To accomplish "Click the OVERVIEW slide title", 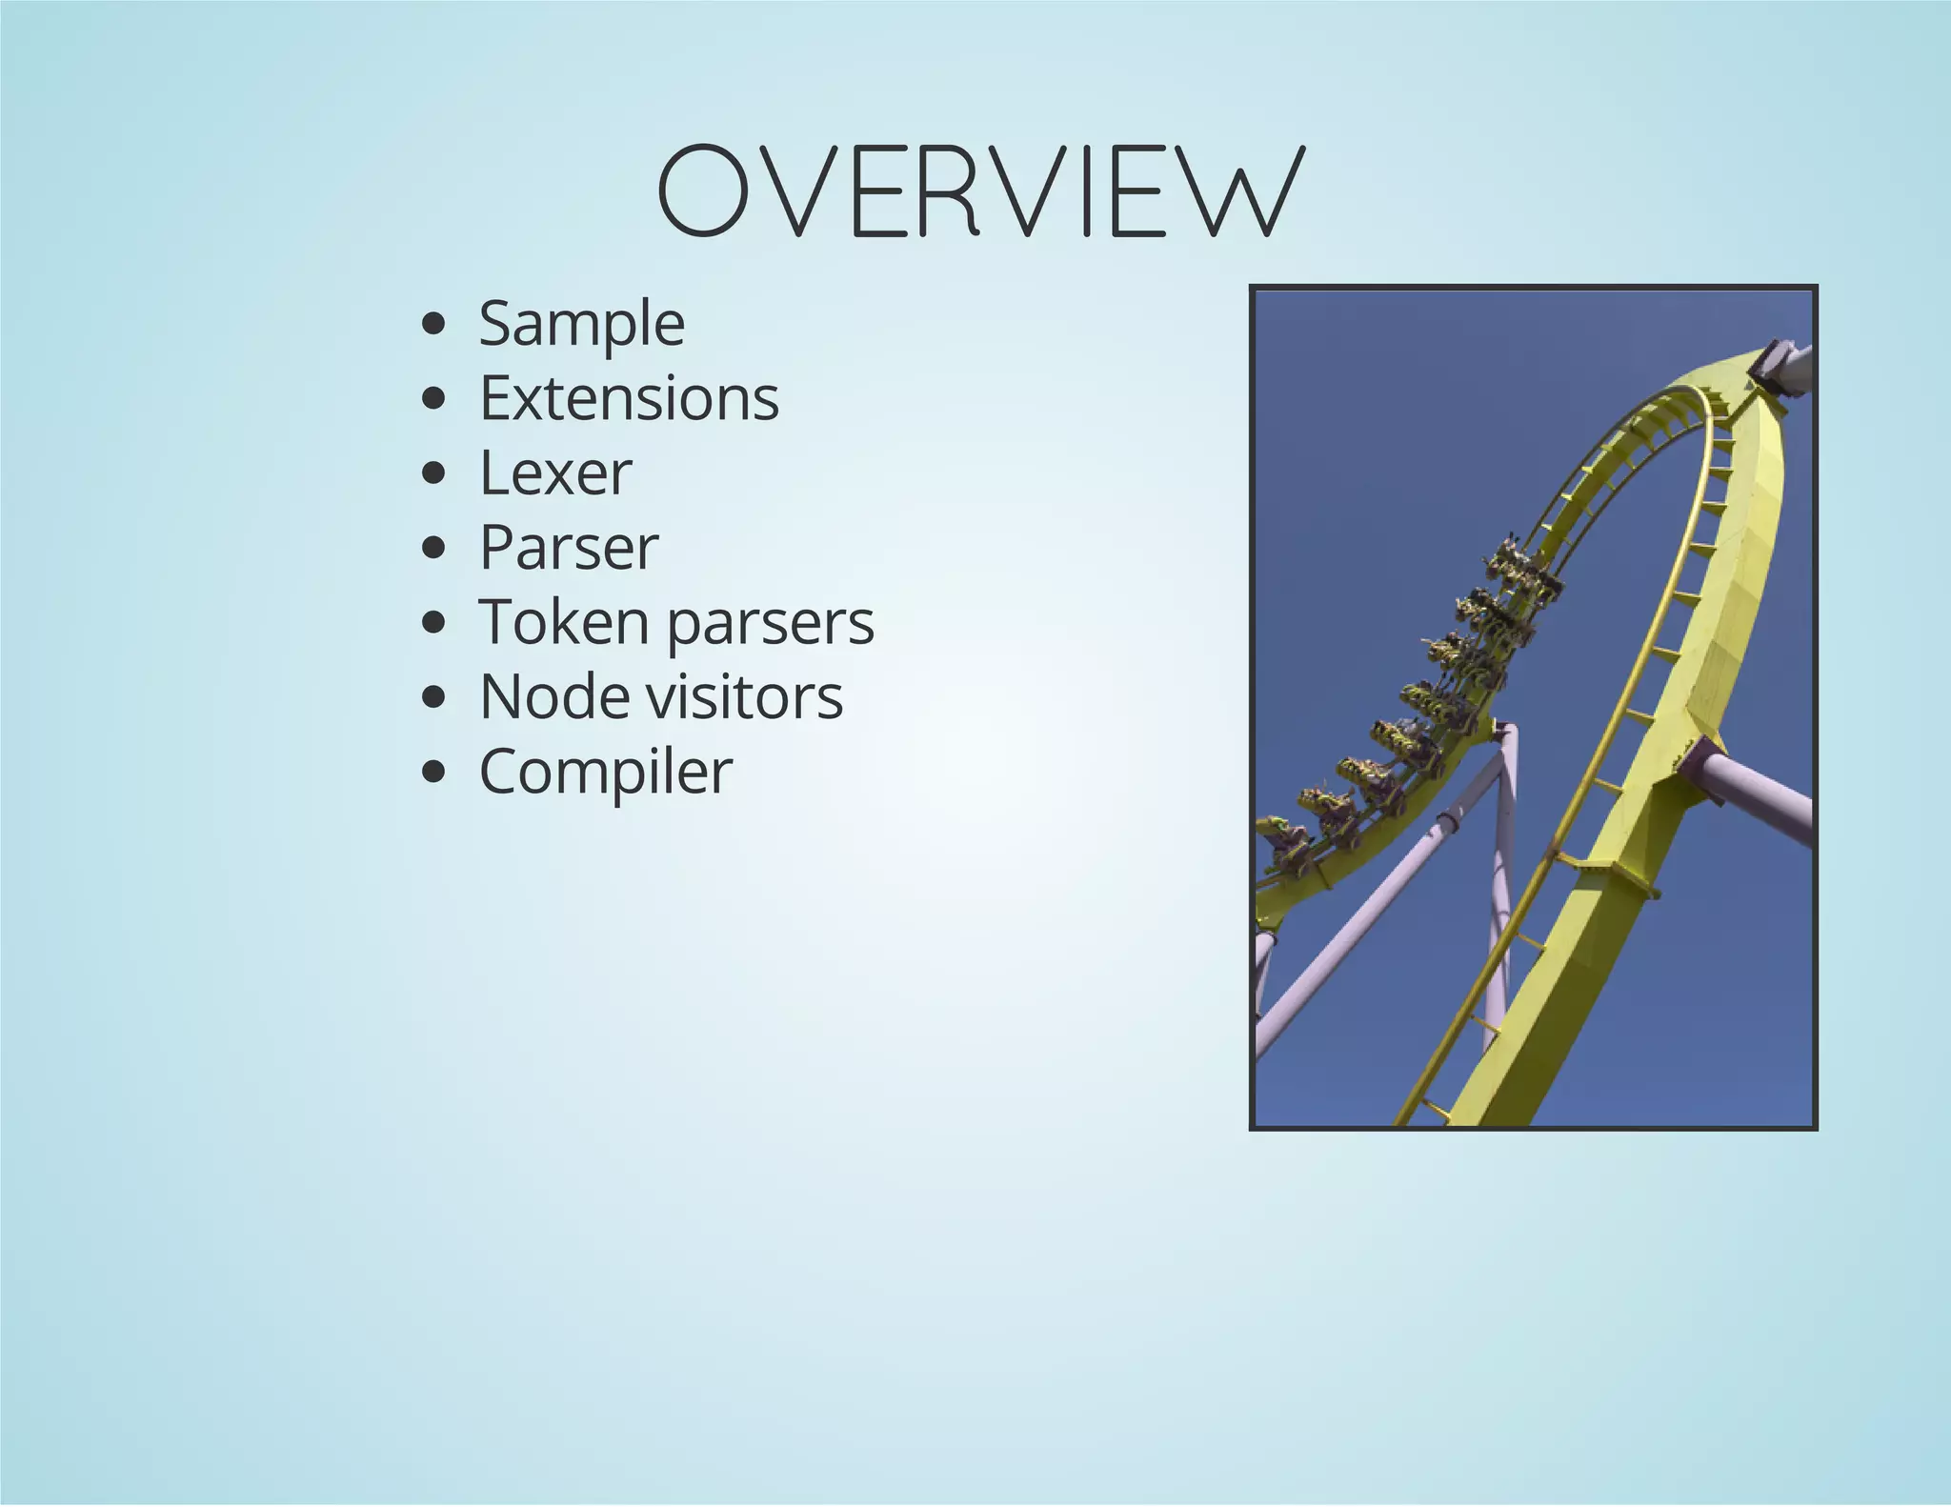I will (980, 191).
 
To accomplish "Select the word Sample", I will (581, 324).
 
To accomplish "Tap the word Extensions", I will (629, 398).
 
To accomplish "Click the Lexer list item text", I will (555, 472).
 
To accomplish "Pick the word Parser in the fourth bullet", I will (569, 548).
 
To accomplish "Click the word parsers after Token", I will (770, 624).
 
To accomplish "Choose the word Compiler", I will (606, 772).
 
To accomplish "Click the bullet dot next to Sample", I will (433, 324).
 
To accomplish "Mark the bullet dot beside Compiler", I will (433, 772).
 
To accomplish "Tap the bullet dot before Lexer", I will (433, 472).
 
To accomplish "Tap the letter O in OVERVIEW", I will (699, 191).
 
